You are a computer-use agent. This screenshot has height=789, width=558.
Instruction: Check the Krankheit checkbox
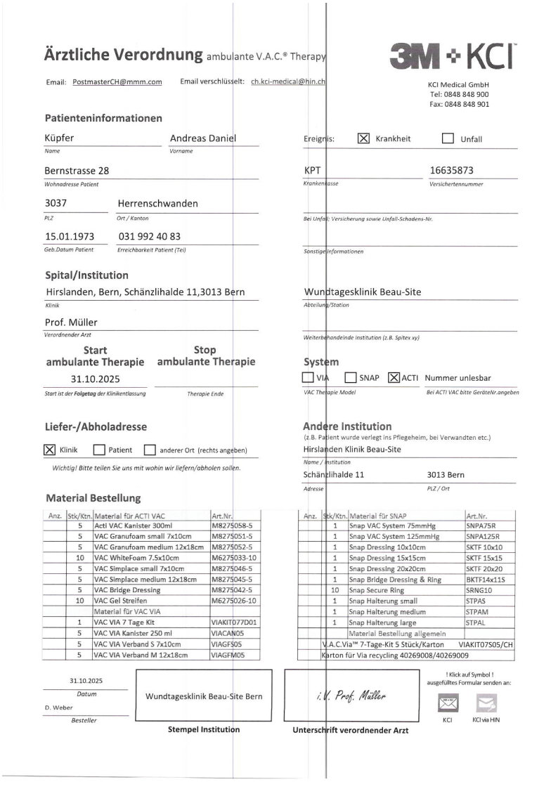(x=363, y=138)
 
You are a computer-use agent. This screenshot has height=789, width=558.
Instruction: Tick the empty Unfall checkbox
(x=448, y=138)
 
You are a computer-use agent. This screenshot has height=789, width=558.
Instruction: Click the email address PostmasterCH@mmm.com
(x=117, y=82)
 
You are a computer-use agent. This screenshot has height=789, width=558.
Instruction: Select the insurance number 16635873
(x=451, y=170)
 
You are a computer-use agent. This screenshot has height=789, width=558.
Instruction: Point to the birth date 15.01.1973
(x=70, y=237)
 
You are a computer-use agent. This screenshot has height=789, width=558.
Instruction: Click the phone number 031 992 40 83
(x=150, y=237)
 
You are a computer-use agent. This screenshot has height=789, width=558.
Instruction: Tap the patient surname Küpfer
(x=59, y=138)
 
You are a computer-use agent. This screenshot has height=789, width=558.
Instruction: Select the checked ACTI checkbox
(x=394, y=377)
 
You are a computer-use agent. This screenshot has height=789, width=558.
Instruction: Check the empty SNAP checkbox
(x=350, y=377)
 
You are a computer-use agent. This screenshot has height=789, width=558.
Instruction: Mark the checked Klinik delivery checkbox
(x=49, y=450)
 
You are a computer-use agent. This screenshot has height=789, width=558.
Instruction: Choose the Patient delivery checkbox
(x=99, y=450)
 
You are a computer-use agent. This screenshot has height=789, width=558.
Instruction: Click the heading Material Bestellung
(x=93, y=498)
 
